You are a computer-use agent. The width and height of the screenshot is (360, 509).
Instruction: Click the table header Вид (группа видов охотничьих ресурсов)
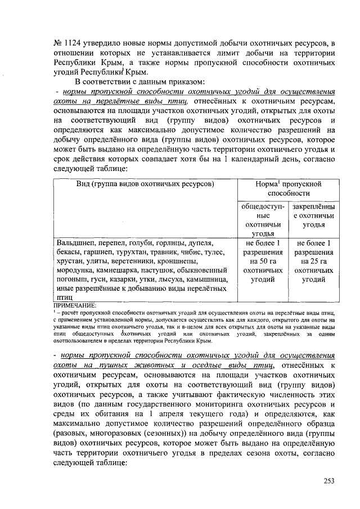pos(145,184)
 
